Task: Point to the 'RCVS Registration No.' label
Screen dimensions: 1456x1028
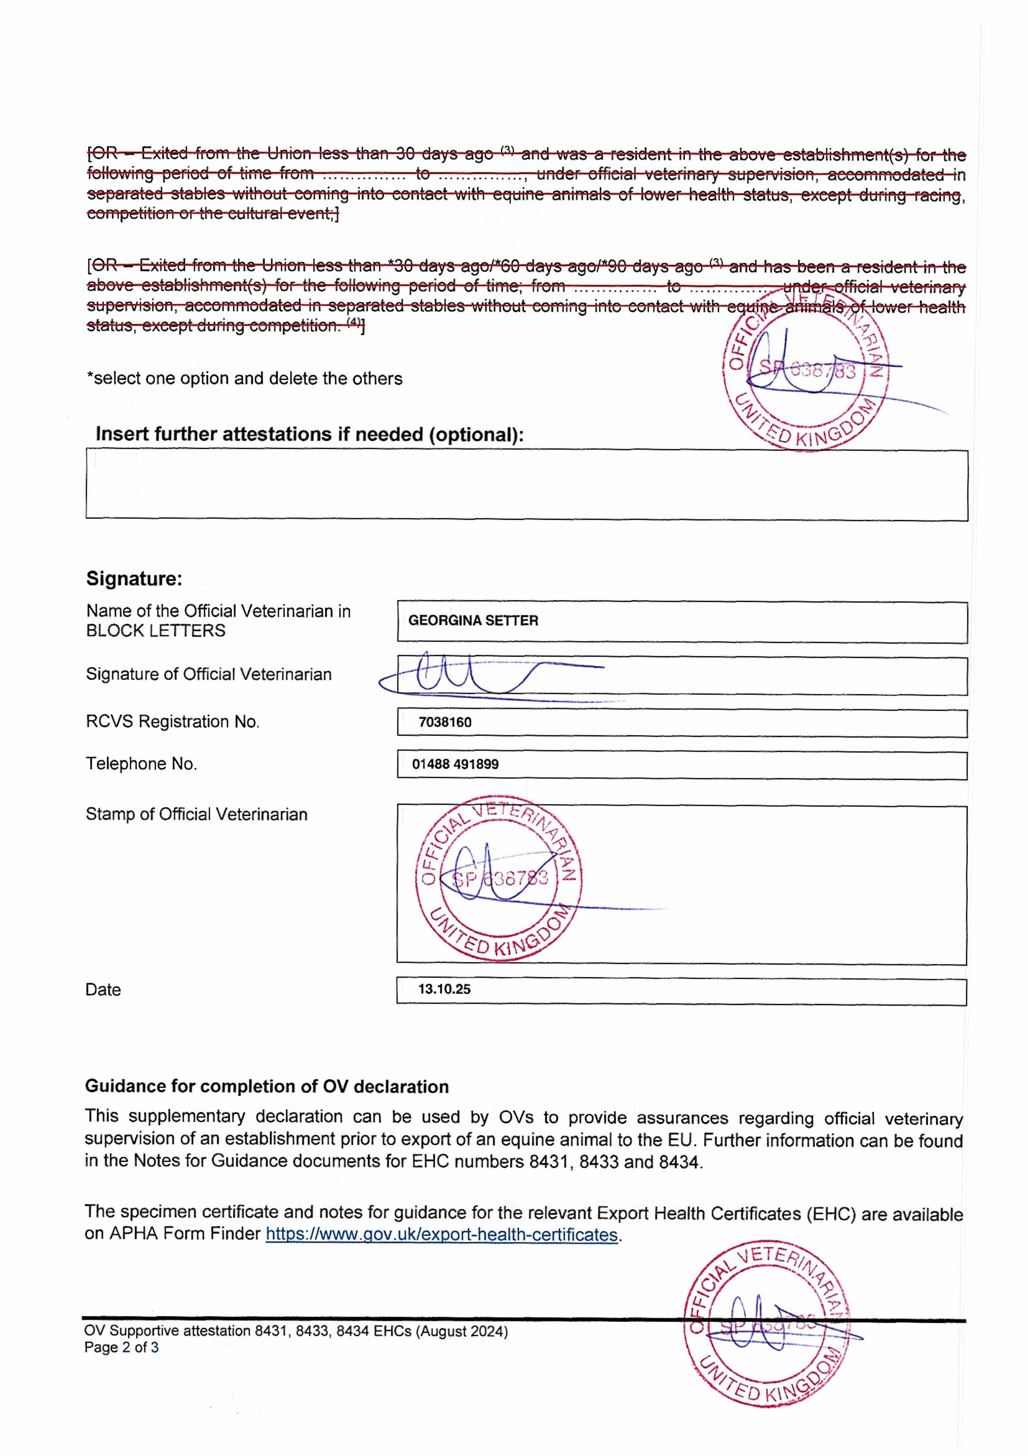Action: point(173,722)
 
